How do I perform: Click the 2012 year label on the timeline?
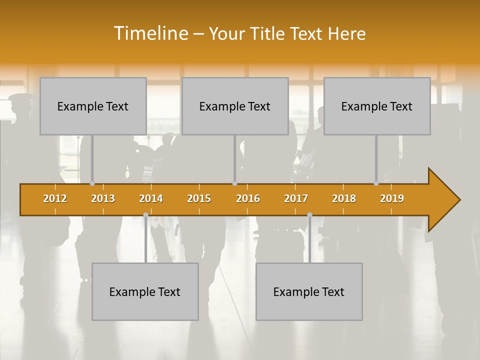[x=55, y=198]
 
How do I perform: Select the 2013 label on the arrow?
[x=103, y=198]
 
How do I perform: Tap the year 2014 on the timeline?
[x=151, y=198]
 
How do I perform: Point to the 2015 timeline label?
[x=199, y=198]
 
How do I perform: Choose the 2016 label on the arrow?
[x=248, y=198]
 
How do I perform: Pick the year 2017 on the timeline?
[x=296, y=198]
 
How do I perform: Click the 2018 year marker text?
[x=344, y=198]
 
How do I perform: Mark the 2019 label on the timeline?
[x=392, y=198]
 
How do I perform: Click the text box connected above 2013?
[x=93, y=106]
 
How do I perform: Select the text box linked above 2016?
[x=235, y=106]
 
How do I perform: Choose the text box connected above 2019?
[x=377, y=106]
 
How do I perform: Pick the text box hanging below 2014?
[x=145, y=291]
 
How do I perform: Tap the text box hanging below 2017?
[x=309, y=291]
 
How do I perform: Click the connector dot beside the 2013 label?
[x=92, y=183]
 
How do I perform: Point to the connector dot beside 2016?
[x=234, y=183]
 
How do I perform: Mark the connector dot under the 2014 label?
[x=145, y=214]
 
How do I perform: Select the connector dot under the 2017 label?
[x=309, y=214]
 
